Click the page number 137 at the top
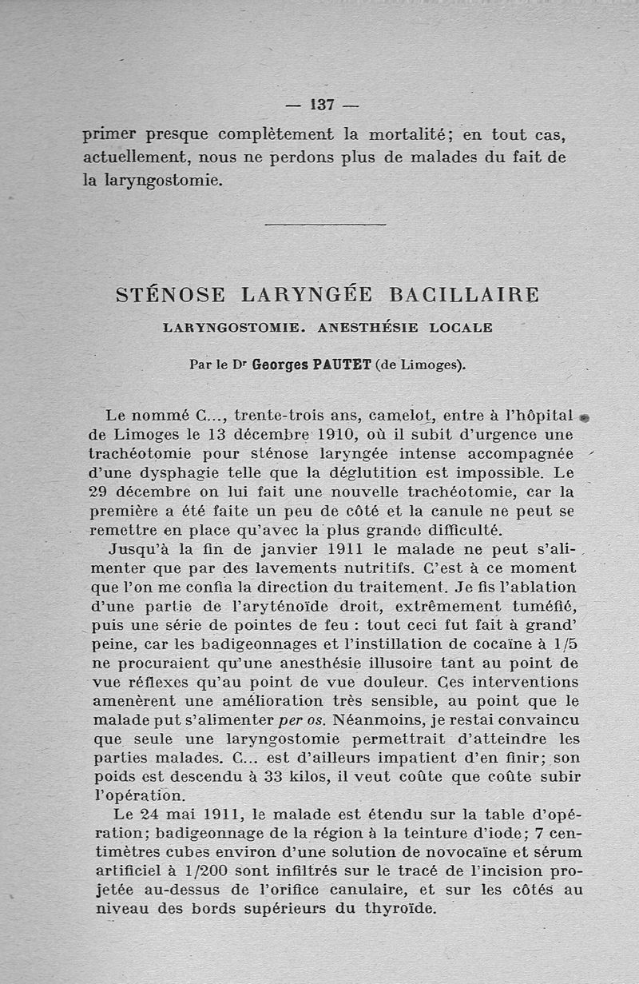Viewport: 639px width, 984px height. (x=322, y=105)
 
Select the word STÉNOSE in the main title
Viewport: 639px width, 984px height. (x=171, y=294)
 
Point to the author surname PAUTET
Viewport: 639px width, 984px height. (x=341, y=365)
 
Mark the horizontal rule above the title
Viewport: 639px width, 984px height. (x=325, y=225)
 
